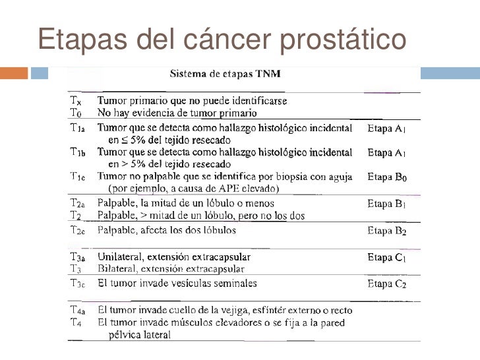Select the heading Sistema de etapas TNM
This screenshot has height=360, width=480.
coord(228,75)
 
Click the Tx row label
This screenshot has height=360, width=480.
coord(76,102)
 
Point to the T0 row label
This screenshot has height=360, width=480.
coord(76,112)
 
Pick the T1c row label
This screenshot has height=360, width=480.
coord(78,176)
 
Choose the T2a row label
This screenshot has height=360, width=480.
coord(78,203)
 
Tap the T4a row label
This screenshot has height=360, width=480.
coord(78,310)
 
